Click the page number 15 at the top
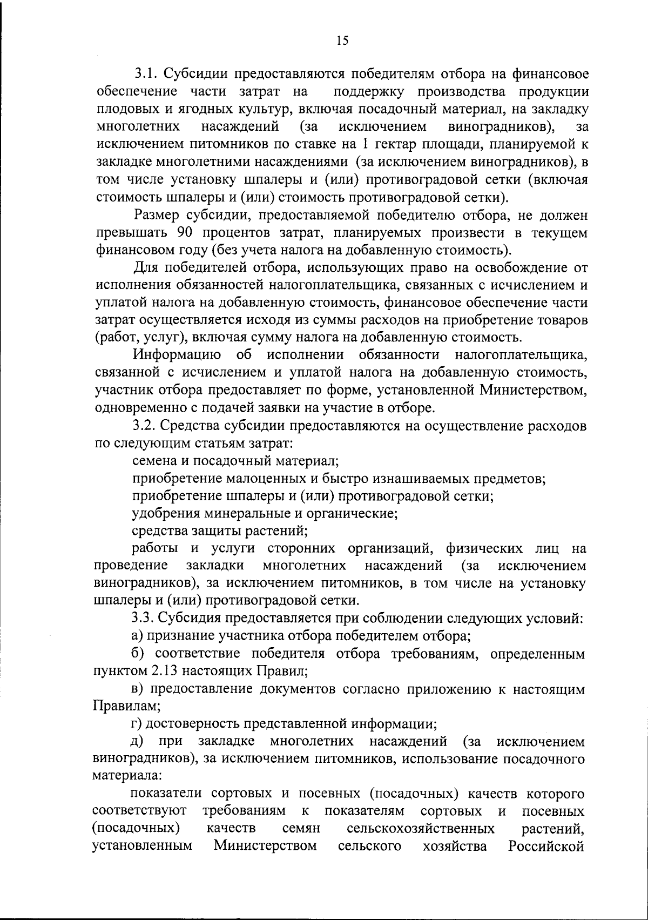[342, 40]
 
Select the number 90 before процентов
[186, 233]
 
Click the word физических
[484, 549]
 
